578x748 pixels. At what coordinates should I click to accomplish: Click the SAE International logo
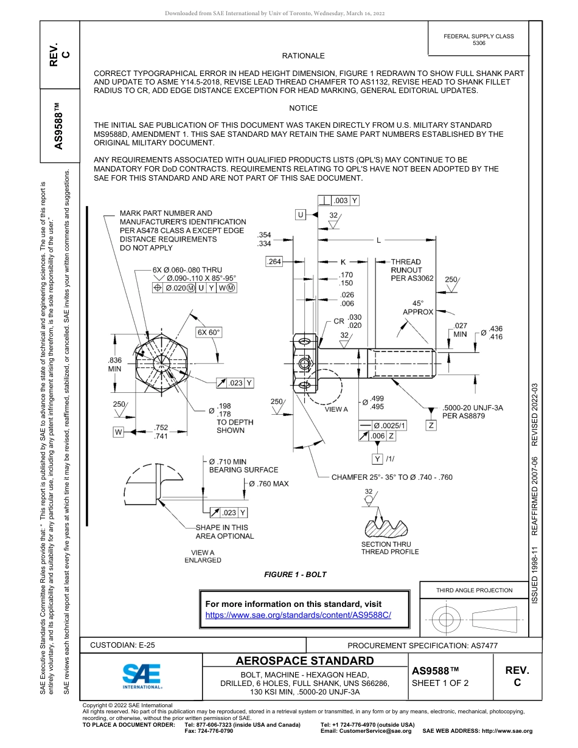pos(142,676)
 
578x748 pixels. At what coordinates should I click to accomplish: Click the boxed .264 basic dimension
pos(275,261)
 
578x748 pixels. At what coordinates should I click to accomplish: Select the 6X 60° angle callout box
pos(209,333)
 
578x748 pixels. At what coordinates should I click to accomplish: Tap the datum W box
pos(118,432)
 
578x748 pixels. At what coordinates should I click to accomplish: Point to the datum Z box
pos(431,425)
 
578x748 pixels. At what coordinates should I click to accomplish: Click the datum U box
pos(301,215)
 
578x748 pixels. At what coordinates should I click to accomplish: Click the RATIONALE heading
pos(303,56)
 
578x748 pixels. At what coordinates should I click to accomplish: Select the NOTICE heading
pos(303,108)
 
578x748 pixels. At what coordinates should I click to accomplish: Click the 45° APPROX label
pos(418,307)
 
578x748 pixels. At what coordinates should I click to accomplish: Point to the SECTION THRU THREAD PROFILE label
pos(390,548)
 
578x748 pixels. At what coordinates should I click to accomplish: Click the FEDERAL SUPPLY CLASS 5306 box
pos(478,40)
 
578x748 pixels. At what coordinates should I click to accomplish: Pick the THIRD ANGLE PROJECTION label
pos(474,590)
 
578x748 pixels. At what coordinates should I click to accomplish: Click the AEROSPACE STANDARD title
pos(305,661)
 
